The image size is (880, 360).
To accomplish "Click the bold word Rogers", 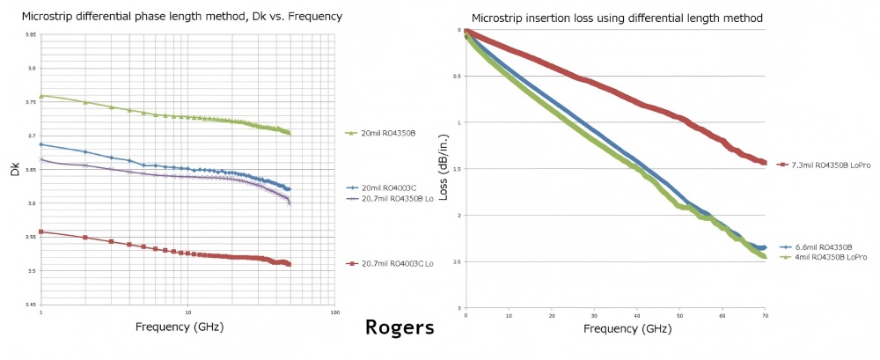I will click(x=400, y=328).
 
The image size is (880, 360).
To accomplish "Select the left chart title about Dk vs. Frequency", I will click(x=182, y=17).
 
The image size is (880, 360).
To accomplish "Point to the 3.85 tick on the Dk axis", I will click(x=31, y=35).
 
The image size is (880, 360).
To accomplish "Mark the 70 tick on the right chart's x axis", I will click(x=766, y=314).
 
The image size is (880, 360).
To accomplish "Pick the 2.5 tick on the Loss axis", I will click(x=455, y=261).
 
